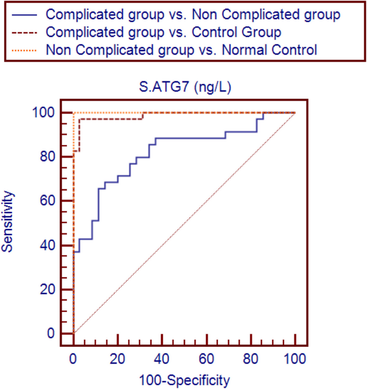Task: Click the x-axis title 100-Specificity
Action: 184,380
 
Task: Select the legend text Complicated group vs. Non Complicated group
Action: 193,14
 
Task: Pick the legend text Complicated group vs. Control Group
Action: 163,32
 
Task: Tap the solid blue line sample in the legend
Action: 25,14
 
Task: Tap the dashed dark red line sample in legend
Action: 25,32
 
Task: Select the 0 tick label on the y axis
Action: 50,334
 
